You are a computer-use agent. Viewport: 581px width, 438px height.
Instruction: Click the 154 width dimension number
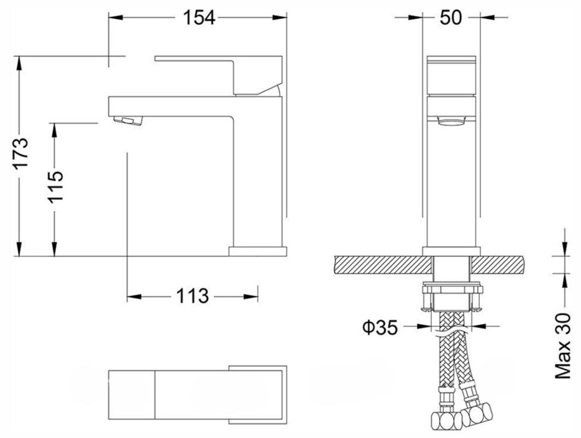[x=199, y=17]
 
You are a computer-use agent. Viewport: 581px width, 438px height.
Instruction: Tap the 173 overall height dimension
[x=21, y=153]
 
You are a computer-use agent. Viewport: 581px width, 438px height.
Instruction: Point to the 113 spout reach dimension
[x=192, y=296]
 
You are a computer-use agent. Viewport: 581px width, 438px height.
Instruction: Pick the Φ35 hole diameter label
[x=379, y=327]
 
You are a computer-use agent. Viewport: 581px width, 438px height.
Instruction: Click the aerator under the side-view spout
[x=128, y=120]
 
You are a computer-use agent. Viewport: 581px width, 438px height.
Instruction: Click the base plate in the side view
[x=258, y=251]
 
